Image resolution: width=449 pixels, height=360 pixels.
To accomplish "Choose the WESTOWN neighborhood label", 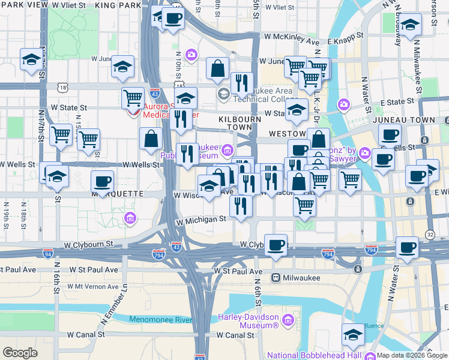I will tap(286, 133).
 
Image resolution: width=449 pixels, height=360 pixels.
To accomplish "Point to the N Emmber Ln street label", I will tap(125, 298).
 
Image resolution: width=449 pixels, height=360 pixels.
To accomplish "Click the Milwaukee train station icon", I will tap(276, 278).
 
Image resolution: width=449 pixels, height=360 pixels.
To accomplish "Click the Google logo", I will tap(20, 353).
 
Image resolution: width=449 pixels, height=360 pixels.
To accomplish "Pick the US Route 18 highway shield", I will tap(63, 88).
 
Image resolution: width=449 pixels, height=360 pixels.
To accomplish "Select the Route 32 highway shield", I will tap(430, 233).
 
